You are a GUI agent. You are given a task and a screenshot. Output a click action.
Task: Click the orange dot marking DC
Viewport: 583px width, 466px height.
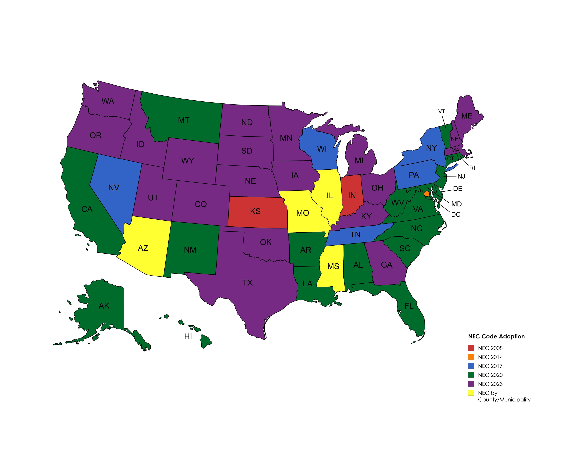[x=426, y=194]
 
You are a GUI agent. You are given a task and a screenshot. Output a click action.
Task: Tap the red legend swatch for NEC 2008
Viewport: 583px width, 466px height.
[x=471, y=348]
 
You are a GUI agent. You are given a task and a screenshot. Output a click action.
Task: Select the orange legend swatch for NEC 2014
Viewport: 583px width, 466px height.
[x=471, y=357]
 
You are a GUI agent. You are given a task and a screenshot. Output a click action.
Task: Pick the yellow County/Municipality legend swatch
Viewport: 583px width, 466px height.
[x=471, y=393]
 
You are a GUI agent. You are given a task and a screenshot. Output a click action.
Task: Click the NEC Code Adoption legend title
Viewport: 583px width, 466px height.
[x=496, y=336]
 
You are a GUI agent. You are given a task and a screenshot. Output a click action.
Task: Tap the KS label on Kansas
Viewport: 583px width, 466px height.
[x=255, y=211]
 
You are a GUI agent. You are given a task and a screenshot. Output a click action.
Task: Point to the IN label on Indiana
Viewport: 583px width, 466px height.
[x=352, y=195]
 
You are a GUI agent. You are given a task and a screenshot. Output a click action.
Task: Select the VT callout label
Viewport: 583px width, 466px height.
[x=442, y=111]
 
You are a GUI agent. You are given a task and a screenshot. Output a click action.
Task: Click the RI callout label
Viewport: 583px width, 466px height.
[x=472, y=168]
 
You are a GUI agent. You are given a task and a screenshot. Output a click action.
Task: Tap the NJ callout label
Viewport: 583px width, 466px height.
[x=461, y=177]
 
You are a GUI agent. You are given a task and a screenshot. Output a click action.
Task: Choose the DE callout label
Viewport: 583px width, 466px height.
[x=458, y=189]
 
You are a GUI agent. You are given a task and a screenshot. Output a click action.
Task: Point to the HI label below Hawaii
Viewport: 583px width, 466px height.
[x=188, y=336]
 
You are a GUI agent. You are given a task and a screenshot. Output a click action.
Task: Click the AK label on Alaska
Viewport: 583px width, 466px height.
[x=104, y=306]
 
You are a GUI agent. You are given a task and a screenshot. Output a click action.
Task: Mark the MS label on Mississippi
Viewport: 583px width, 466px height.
[x=333, y=266]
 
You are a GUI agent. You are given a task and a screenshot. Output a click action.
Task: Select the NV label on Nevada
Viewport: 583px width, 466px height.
[x=114, y=188]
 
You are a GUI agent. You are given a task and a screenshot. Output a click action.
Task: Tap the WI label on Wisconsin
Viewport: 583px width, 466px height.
[x=322, y=149]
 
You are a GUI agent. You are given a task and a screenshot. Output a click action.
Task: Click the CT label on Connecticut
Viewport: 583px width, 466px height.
[x=450, y=159]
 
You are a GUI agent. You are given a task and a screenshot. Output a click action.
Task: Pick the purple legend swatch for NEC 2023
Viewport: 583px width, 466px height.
[x=471, y=384]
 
